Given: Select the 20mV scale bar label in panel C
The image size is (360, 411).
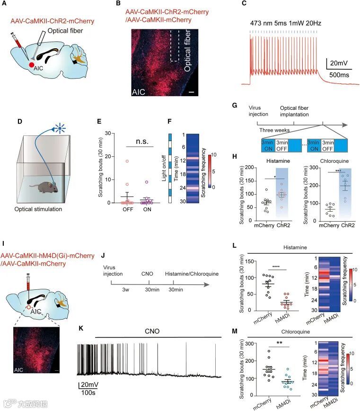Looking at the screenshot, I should [x=340, y=63].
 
